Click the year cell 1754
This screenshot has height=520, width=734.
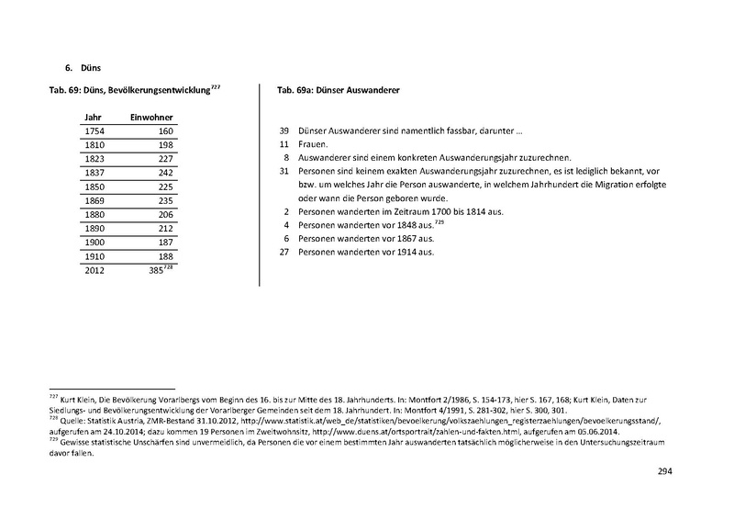(94, 132)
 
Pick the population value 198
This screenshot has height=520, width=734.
(164, 146)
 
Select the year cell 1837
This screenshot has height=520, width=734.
(94, 172)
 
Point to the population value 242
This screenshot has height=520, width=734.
(164, 172)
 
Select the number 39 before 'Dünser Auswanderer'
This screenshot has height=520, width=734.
(284, 132)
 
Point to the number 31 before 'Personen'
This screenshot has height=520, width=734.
(284, 172)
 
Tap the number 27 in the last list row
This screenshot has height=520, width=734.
(284, 252)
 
